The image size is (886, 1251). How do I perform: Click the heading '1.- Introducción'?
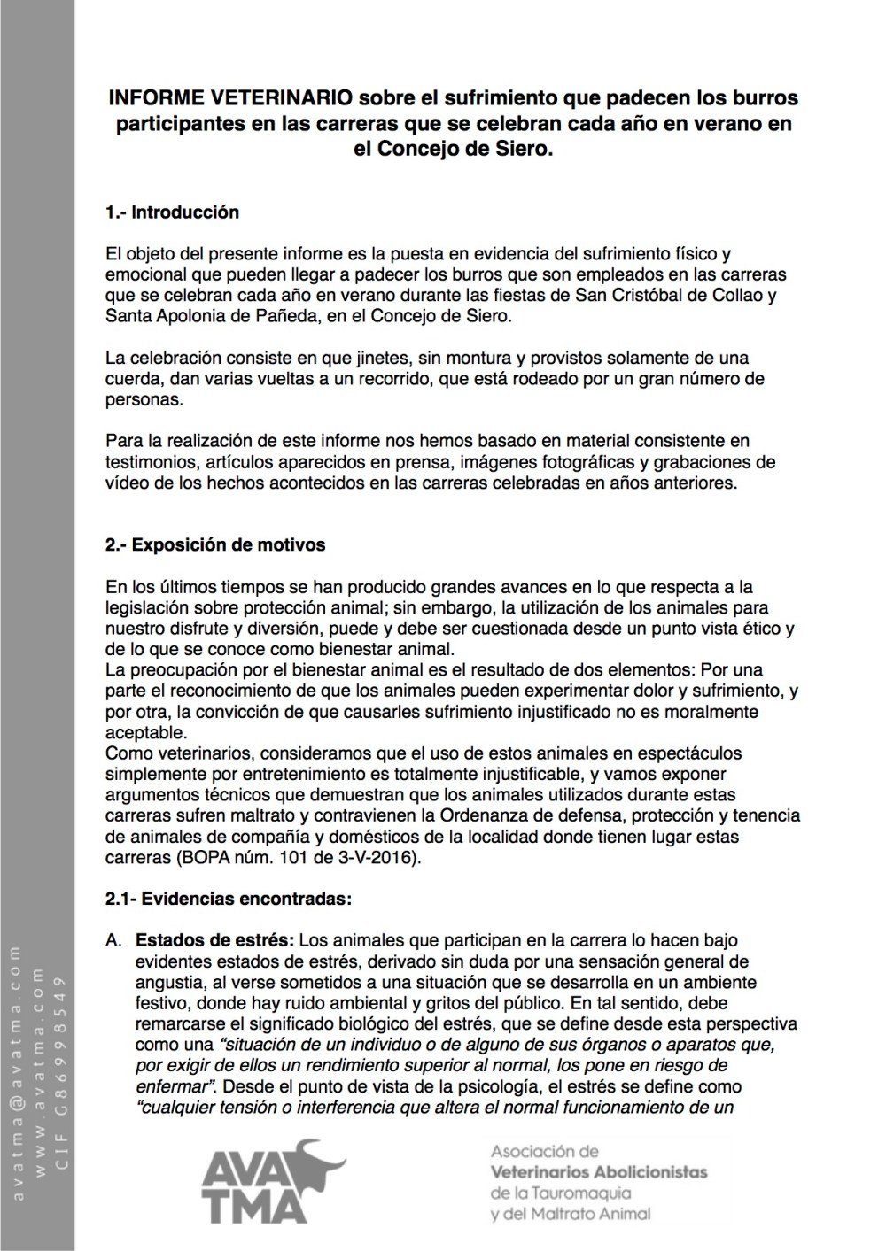coord(172,212)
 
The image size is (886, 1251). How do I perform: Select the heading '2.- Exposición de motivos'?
coord(214,544)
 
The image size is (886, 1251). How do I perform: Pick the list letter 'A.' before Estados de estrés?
coord(113,939)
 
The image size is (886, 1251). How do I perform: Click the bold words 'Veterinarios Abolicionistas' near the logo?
coord(598,1172)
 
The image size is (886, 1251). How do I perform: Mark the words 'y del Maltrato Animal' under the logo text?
coord(570,1213)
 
